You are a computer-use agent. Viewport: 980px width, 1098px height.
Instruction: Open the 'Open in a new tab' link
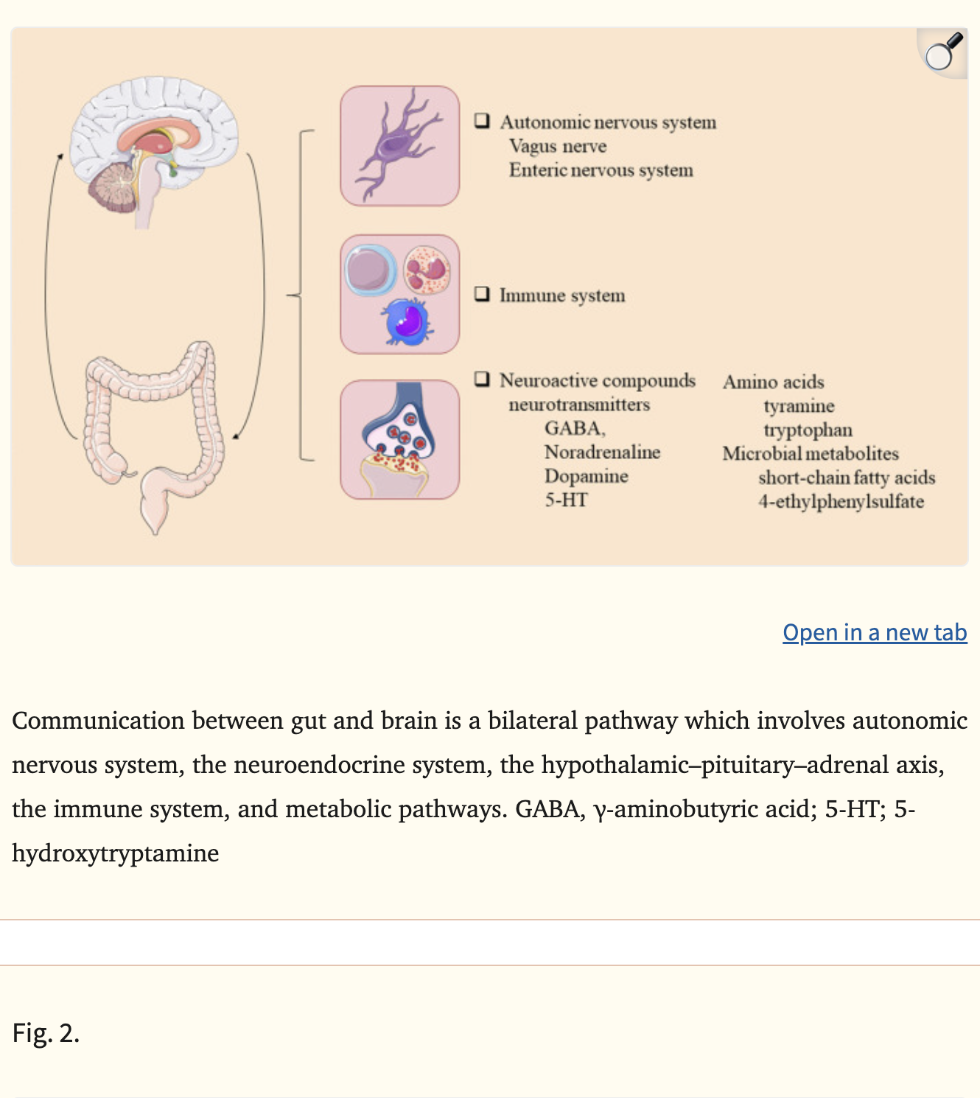[x=875, y=632]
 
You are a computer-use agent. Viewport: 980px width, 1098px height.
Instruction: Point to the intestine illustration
[x=155, y=427]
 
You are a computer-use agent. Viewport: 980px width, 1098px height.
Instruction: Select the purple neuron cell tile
[x=399, y=145]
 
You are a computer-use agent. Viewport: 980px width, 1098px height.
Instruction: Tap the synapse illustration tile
[x=399, y=439]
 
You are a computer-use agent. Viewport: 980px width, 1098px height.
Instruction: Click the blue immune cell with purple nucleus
[x=407, y=322]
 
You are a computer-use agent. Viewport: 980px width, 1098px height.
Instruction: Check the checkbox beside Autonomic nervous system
[x=483, y=121]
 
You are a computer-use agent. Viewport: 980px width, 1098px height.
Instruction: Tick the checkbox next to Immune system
[x=483, y=294]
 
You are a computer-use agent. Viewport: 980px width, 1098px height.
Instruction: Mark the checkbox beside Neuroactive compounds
[x=483, y=379]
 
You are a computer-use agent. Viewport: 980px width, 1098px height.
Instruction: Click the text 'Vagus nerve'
[x=558, y=146]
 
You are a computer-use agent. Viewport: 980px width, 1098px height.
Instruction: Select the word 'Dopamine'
[x=586, y=476]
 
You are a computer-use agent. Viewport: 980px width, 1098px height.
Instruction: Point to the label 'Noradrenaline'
[x=602, y=452]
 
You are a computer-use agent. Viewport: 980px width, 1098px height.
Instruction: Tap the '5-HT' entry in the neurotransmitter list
[x=566, y=500]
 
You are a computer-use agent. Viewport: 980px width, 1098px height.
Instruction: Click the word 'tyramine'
[x=799, y=406]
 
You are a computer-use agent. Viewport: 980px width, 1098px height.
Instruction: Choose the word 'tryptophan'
[x=808, y=430]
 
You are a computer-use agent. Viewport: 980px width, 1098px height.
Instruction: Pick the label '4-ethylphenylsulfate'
[x=841, y=502]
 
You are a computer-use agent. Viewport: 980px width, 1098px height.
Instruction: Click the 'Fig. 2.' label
[x=46, y=1033]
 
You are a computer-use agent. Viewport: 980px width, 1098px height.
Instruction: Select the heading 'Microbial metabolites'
[x=810, y=453]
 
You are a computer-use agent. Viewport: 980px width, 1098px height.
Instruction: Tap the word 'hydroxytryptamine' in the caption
[x=116, y=853]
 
